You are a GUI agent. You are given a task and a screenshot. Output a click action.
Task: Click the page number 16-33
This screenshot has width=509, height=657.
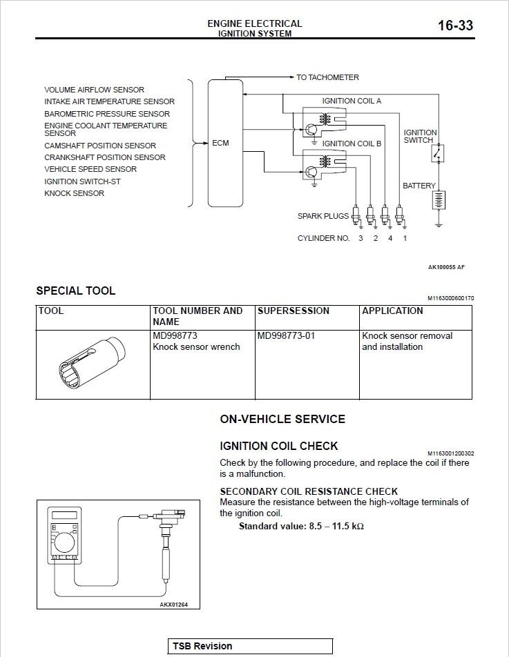point(455,26)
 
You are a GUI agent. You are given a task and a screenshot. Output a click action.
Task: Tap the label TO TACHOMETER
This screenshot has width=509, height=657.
point(327,77)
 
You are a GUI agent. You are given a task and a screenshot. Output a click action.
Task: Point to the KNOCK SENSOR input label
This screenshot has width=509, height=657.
point(74,193)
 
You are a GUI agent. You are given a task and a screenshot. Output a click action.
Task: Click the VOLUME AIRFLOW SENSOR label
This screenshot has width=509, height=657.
point(94,90)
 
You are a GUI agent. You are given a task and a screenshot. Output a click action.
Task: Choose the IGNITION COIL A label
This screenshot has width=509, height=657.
point(352,101)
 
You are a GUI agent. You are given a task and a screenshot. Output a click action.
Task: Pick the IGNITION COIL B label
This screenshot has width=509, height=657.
point(352,144)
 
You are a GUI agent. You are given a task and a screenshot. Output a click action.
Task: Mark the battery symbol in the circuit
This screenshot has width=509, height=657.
point(439,200)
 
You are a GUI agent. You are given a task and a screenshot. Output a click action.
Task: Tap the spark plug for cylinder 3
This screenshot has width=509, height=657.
point(356,217)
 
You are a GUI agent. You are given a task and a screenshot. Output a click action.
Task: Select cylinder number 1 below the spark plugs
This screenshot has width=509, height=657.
point(405,238)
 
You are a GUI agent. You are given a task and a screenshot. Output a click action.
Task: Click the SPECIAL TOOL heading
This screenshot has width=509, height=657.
point(75,291)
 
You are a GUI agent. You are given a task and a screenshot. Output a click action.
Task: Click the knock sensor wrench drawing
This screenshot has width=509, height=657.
point(93,364)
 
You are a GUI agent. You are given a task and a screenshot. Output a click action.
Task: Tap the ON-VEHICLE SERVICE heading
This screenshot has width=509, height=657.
point(282,419)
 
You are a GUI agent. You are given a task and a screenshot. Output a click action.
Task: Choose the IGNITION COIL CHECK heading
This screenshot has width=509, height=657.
point(278,446)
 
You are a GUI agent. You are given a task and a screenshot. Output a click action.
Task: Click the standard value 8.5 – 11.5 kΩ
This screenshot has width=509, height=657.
point(301,526)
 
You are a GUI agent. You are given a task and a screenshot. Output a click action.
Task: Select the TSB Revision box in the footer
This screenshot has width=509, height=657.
point(250,646)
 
